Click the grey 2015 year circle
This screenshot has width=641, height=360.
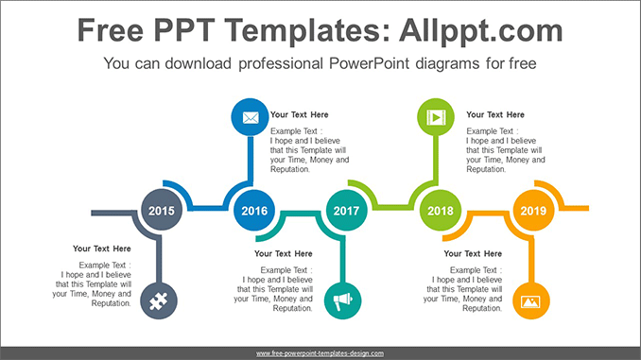click(162, 211)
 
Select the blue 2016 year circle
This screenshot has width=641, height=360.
click(253, 211)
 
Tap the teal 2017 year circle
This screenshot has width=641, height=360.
click(347, 211)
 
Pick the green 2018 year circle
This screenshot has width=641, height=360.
click(439, 211)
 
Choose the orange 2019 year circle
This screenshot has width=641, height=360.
click(532, 211)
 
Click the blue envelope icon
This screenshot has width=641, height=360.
click(250, 118)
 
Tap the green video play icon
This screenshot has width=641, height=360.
click(435, 118)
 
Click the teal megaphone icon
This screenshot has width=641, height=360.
click(342, 301)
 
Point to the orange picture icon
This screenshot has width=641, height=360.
click(529, 301)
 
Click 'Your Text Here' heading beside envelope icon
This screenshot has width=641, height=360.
click(299, 114)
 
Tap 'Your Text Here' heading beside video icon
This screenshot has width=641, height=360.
click(495, 114)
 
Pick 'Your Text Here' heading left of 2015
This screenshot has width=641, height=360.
click(102, 249)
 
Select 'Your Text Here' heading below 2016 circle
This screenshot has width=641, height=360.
click(284, 253)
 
